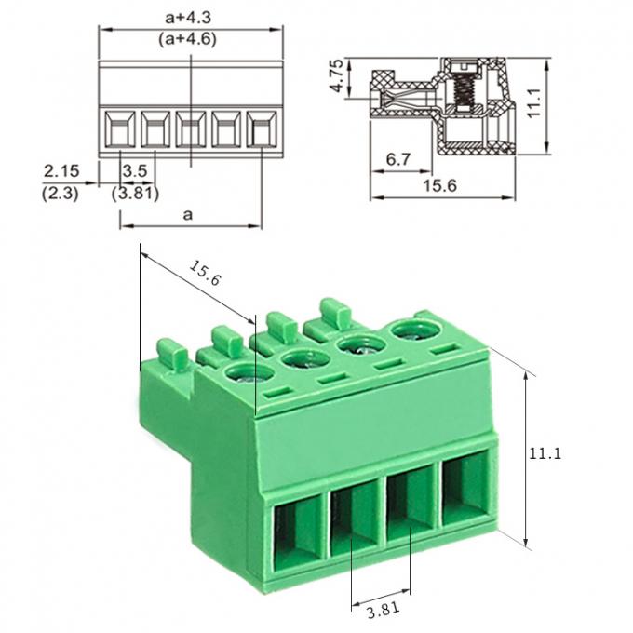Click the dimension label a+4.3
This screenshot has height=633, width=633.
point(191,16)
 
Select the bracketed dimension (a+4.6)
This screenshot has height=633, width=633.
point(191,39)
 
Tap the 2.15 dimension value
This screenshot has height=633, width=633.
point(61,171)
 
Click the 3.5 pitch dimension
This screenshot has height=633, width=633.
point(135,171)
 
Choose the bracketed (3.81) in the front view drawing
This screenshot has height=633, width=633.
point(135,194)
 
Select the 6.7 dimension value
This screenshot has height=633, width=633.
point(398,160)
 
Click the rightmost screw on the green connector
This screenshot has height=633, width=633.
point(411,331)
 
